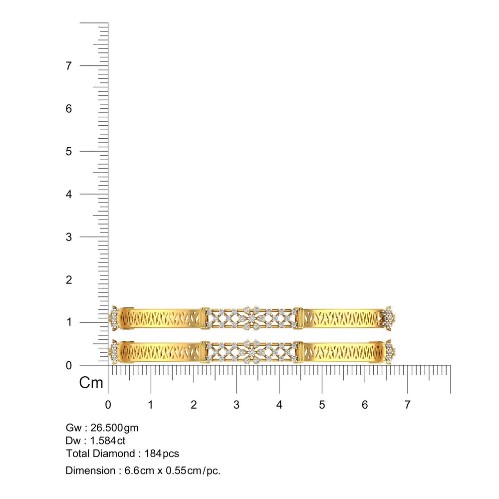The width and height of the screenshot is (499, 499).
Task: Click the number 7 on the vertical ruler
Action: pyautogui.click(x=69, y=66)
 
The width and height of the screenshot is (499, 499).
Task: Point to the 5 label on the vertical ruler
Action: pyautogui.click(x=69, y=152)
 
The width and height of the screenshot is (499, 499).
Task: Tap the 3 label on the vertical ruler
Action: pyautogui.click(x=69, y=237)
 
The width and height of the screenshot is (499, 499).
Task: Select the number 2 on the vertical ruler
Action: pyautogui.click(x=69, y=280)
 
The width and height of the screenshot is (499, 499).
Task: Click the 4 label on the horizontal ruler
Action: pyautogui.click(x=279, y=405)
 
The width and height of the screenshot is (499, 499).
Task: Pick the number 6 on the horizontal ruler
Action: pyautogui.click(x=365, y=405)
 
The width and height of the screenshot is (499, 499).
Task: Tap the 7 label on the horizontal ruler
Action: pyautogui.click(x=407, y=405)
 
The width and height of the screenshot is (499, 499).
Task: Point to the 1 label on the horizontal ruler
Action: pyautogui.click(x=151, y=405)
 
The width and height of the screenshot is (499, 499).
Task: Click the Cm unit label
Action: pyautogui.click(x=91, y=383)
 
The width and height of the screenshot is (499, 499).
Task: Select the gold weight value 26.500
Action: pyautogui.click(x=107, y=428)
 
